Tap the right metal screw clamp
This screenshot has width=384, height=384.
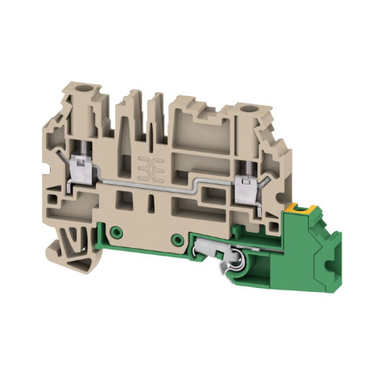(247, 184)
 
